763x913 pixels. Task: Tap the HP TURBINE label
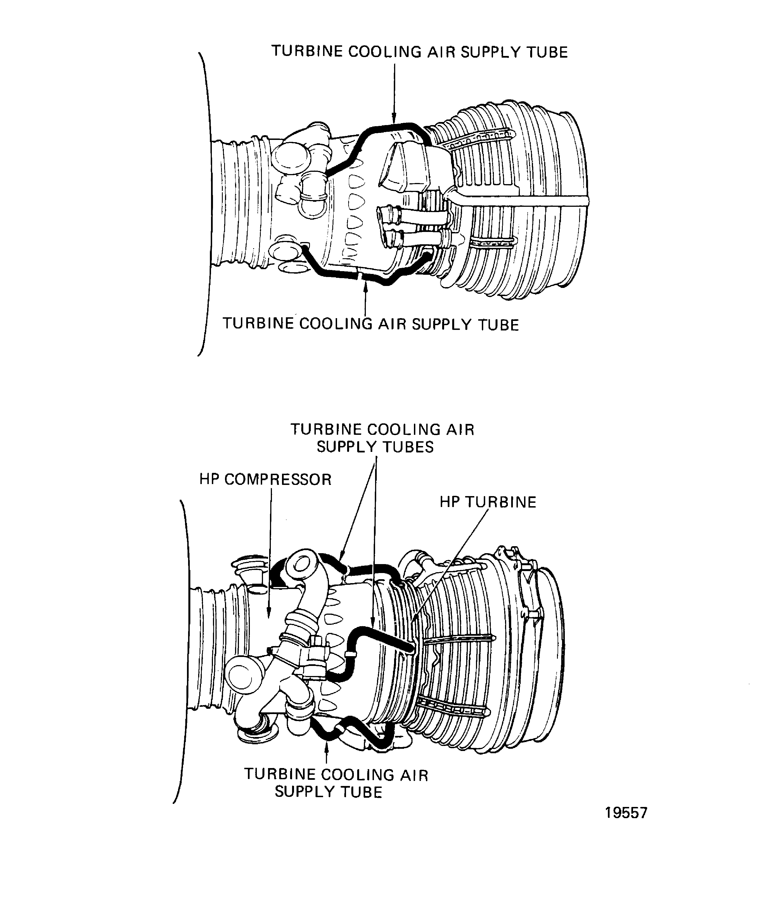(x=488, y=502)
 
